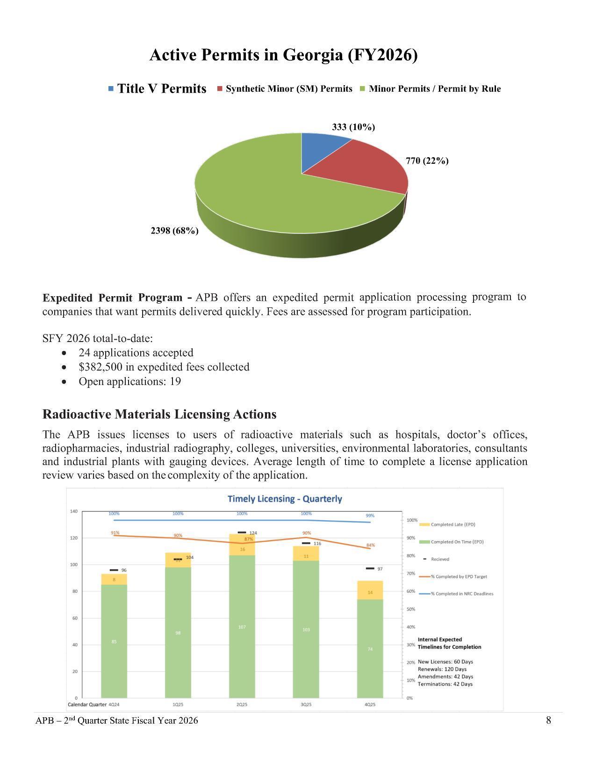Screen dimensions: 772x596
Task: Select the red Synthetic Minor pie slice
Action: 365,168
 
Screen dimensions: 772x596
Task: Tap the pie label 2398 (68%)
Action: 174,231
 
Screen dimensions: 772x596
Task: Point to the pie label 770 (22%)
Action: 427,161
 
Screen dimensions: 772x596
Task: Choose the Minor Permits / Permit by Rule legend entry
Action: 434,89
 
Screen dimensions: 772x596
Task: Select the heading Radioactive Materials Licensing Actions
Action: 159,414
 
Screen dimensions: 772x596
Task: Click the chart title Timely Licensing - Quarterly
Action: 285,499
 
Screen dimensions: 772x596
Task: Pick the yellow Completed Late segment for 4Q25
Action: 370,590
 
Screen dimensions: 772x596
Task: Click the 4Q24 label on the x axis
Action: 114,704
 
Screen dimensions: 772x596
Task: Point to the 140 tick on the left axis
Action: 73,511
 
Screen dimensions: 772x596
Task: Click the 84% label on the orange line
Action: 370,545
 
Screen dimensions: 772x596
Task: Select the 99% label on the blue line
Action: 370,516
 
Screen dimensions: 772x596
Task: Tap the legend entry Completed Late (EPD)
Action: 452,524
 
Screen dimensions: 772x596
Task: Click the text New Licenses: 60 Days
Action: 445,662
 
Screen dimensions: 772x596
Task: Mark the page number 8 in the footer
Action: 548,720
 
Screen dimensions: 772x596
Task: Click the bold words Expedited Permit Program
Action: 112,298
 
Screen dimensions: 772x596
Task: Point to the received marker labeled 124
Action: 242,532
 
